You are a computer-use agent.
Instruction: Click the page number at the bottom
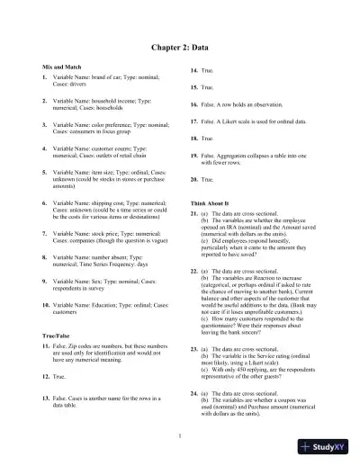[180, 436]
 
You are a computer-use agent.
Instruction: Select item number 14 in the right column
[194, 70]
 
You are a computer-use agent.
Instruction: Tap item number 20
[194, 179]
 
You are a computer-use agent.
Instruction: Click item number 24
[194, 393]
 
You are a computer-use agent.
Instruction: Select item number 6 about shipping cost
[45, 203]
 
